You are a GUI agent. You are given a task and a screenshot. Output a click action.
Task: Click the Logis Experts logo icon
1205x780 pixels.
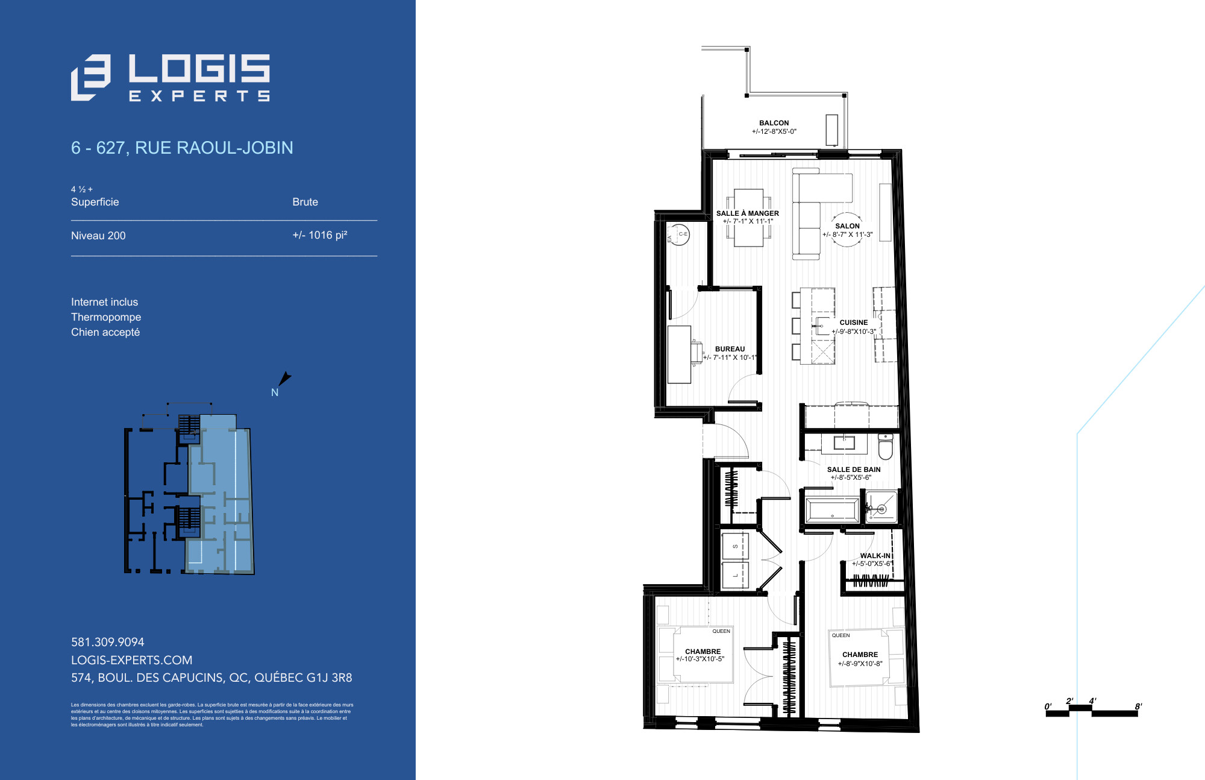[90, 77]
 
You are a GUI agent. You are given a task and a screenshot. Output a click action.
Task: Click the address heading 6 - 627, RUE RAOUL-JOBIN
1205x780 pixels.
[182, 148]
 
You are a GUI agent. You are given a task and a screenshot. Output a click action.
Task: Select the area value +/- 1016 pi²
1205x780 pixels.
[319, 235]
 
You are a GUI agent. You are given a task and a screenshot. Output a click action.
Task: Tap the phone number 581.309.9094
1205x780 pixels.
[108, 642]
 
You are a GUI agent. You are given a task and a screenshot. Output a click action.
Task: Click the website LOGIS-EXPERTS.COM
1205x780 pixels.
[131, 660]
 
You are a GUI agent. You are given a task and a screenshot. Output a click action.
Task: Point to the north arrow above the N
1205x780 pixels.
[284, 379]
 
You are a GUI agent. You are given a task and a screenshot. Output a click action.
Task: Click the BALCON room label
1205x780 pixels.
[774, 123]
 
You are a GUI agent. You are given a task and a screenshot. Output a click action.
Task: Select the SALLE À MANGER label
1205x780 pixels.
[747, 213]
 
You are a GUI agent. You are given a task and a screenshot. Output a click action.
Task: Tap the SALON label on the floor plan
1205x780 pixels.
[847, 226]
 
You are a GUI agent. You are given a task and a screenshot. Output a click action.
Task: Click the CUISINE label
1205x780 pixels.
[854, 322]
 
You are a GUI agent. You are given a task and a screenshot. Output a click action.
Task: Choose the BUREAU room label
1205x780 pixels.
[730, 349]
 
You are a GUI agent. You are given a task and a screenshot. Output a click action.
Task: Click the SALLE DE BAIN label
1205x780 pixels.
[854, 470]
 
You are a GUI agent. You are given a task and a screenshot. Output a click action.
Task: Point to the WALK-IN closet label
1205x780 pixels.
[875, 556]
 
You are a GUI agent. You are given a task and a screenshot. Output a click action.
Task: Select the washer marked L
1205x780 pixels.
[734, 575]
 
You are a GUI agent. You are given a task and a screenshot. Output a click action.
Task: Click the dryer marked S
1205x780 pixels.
[734, 547]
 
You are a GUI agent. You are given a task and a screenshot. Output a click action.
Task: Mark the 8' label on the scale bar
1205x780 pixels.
[1138, 706]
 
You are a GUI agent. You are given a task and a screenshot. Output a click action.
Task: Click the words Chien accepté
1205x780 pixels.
[105, 332]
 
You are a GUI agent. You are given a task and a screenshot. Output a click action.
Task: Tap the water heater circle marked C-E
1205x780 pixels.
[680, 234]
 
